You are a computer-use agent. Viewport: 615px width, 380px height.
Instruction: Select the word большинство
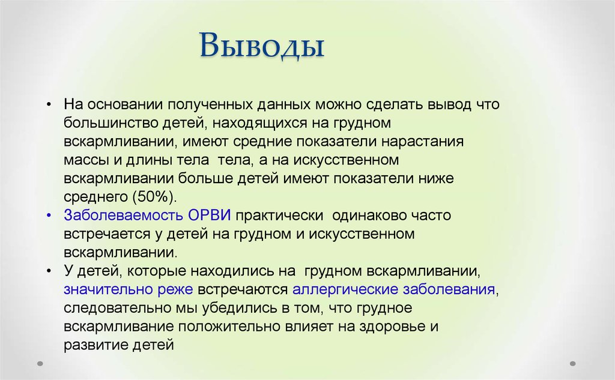pos(105,123)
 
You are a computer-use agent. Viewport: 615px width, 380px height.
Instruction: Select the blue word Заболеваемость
pos(118,215)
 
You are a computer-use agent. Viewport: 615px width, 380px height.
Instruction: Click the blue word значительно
pos(100,289)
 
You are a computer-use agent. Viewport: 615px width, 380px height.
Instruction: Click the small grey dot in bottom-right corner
pos(572,363)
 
